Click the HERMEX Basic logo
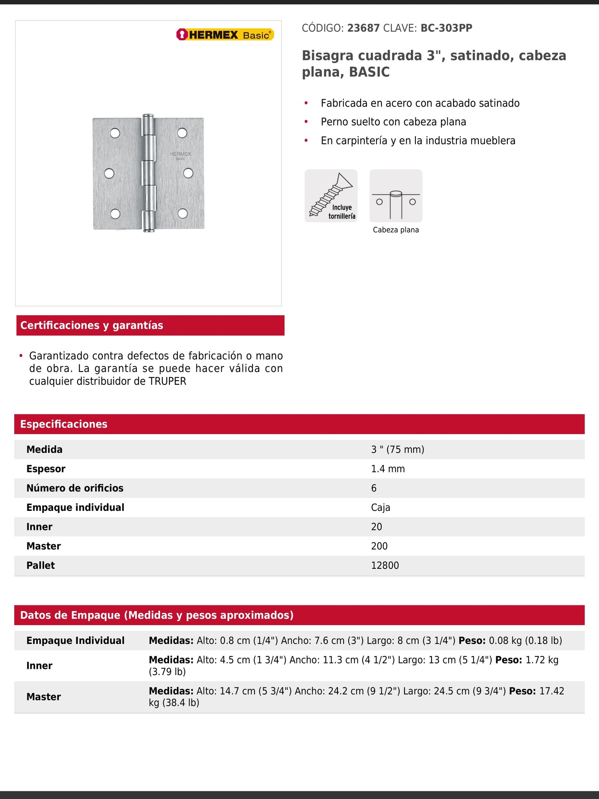[225, 35]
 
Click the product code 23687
[363, 28]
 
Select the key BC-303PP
[446, 28]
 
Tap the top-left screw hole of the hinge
[115, 133]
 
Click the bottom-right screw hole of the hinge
[182, 214]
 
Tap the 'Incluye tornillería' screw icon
[331, 196]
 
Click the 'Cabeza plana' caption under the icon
[395, 230]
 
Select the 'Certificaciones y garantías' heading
[92, 325]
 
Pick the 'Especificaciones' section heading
[64, 424]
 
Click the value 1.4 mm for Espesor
[388, 469]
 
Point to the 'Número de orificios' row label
[75, 488]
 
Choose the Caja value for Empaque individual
[381, 508]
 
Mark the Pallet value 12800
[385, 566]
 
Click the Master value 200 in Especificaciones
[379, 546]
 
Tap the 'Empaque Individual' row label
[75, 641]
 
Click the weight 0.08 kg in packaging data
[505, 641]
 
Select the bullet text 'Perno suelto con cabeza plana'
[393, 122]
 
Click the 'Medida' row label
[44, 449]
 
